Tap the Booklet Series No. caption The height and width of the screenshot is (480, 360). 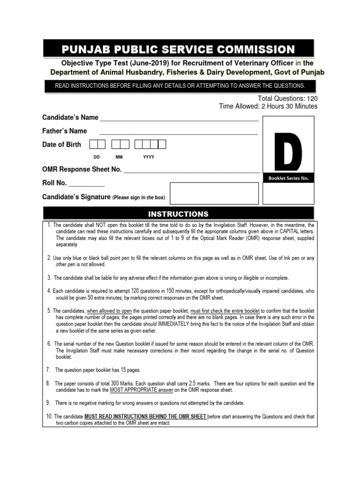(x=288, y=179)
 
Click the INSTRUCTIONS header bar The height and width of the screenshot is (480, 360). (x=178, y=214)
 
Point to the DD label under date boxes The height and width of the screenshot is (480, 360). (x=97, y=157)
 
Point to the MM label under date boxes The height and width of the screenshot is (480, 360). (x=119, y=157)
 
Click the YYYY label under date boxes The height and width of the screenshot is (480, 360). (x=149, y=157)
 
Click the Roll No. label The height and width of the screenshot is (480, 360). (x=54, y=183)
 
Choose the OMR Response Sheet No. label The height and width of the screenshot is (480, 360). (x=82, y=169)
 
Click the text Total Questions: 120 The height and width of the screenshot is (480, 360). (x=287, y=99)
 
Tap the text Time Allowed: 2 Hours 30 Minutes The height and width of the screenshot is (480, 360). (x=268, y=106)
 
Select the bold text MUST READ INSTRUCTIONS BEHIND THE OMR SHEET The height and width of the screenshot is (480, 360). (x=145, y=416)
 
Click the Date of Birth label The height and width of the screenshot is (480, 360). (x=61, y=144)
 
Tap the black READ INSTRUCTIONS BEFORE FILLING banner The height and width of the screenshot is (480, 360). (x=180, y=86)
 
